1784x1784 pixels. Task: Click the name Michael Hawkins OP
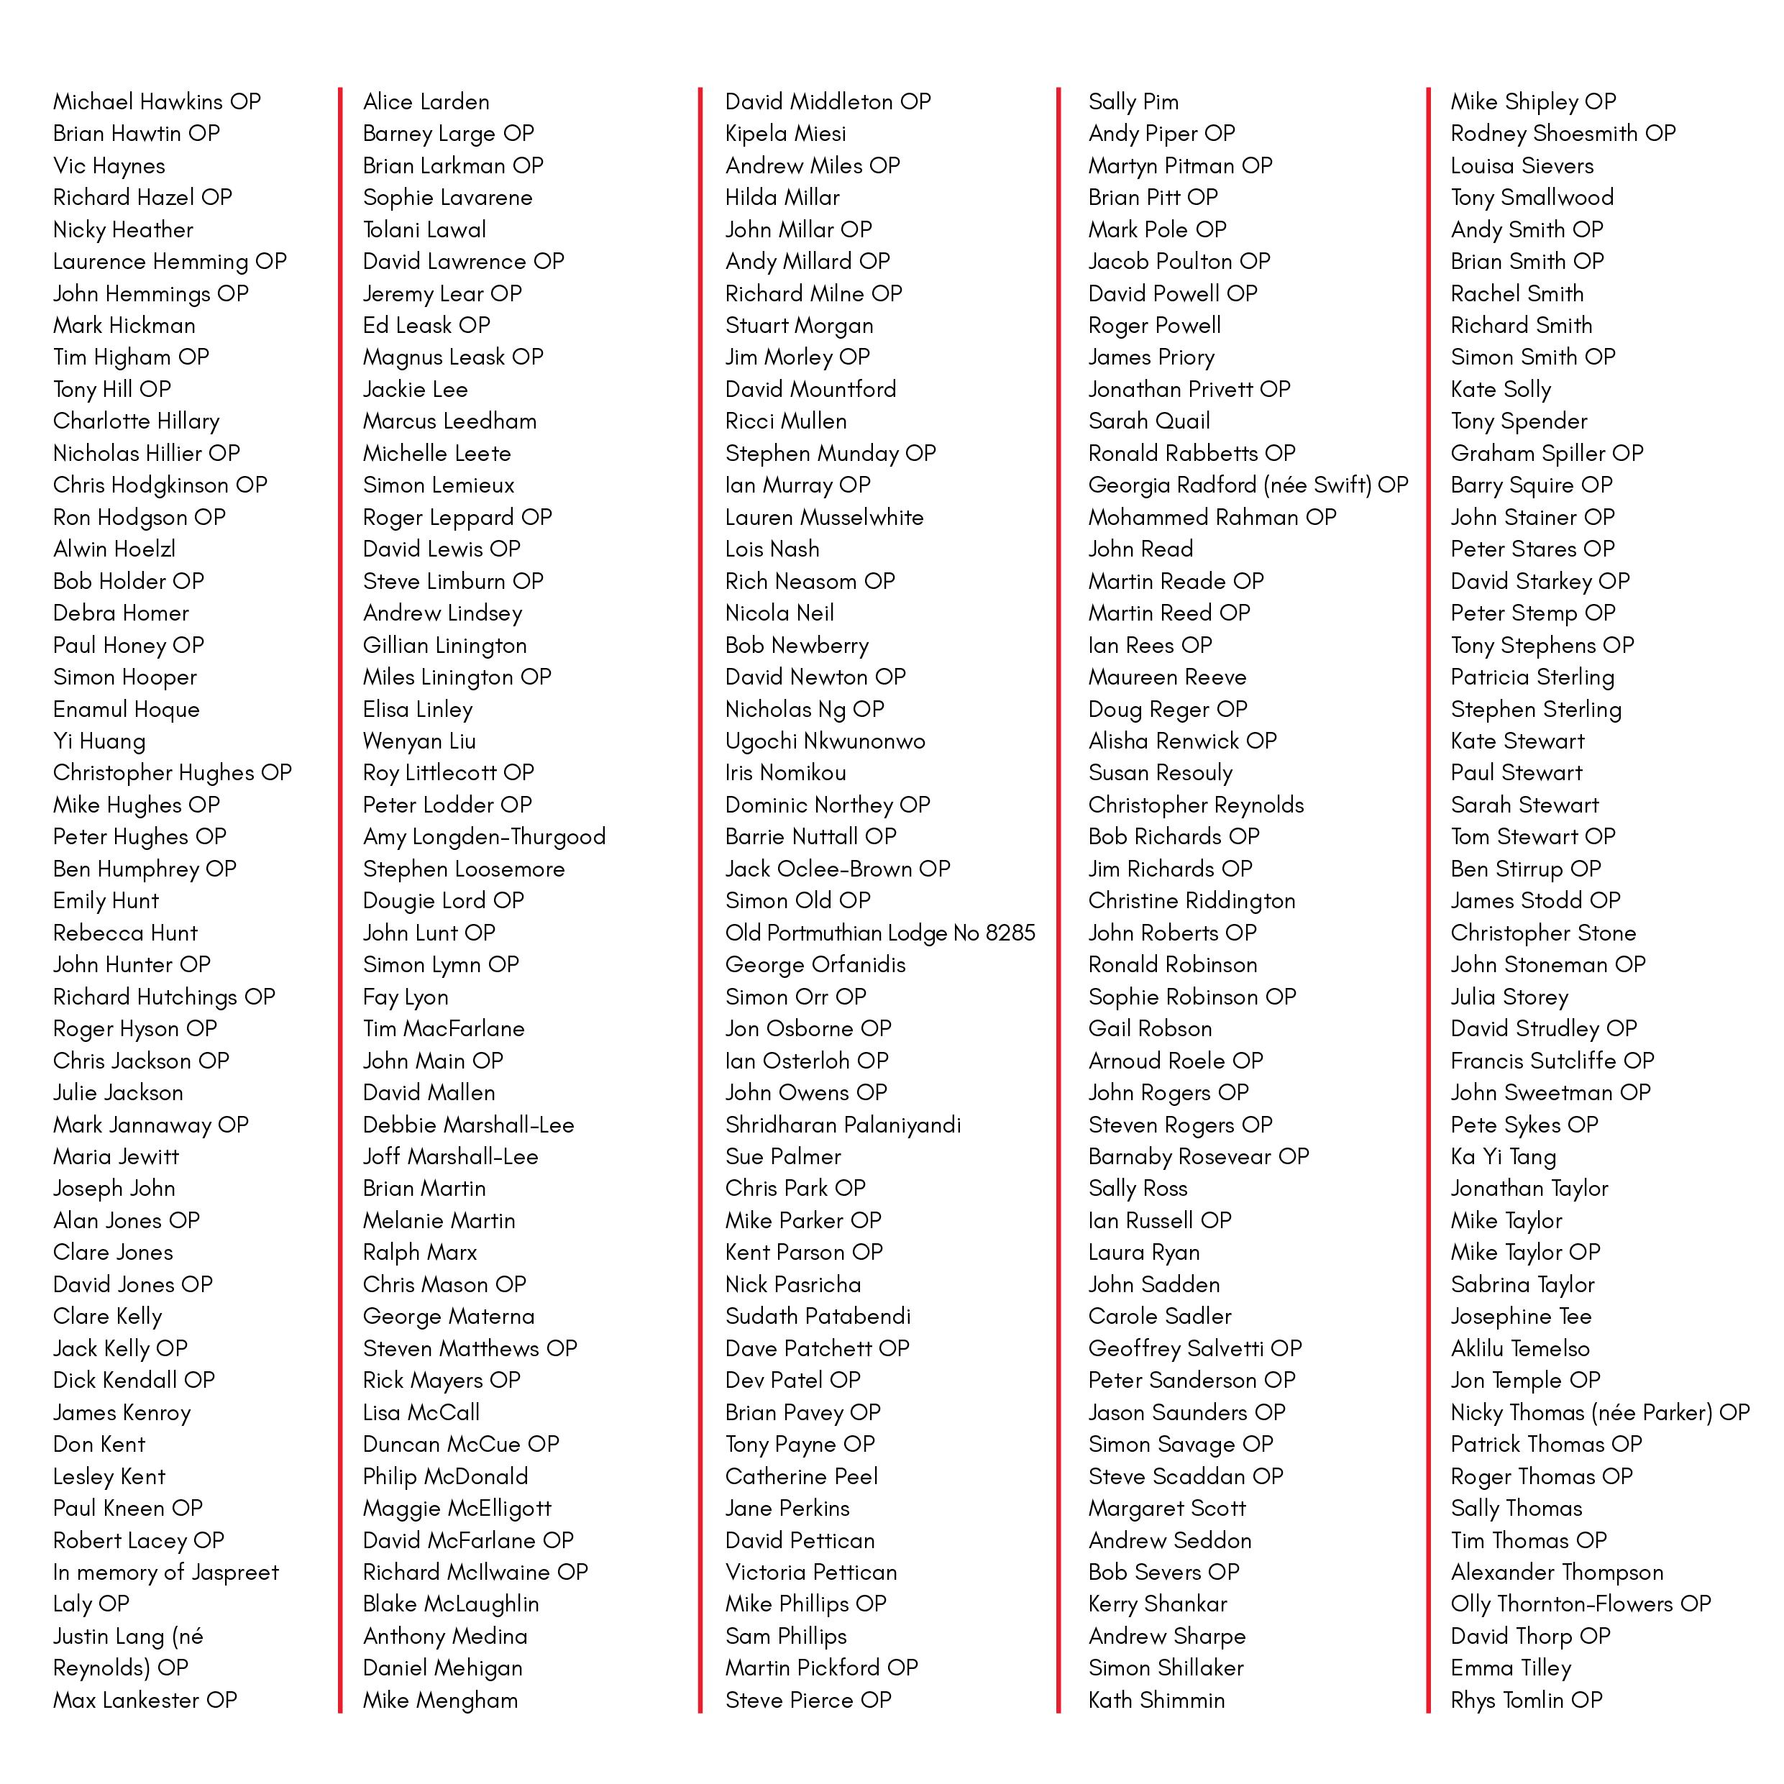(x=157, y=101)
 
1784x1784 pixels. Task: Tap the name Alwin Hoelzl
(x=114, y=549)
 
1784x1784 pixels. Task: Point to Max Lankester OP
(x=145, y=1700)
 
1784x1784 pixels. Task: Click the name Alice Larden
(x=426, y=101)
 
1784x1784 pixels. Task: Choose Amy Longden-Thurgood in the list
(x=484, y=836)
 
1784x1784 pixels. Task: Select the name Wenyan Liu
(x=419, y=741)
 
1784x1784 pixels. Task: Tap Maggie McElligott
(x=457, y=1508)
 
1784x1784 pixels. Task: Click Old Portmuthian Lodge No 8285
(x=880, y=933)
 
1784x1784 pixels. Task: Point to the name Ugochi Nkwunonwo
(x=825, y=741)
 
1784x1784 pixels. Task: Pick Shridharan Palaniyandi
(x=843, y=1125)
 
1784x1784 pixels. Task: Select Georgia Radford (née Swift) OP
(x=1248, y=485)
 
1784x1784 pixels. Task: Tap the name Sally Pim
(x=1133, y=101)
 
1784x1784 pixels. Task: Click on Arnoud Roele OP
(x=1176, y=1061)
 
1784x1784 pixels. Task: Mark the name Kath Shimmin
(x=1156, y=1700)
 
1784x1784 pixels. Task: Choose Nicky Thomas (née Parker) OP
(x=1599, y=1413)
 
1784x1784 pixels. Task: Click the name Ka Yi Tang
(x=1504, y=1157)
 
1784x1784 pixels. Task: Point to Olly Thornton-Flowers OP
(x=1580, y=1604)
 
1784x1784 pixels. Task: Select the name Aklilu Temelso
(x=1520, y=1348)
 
